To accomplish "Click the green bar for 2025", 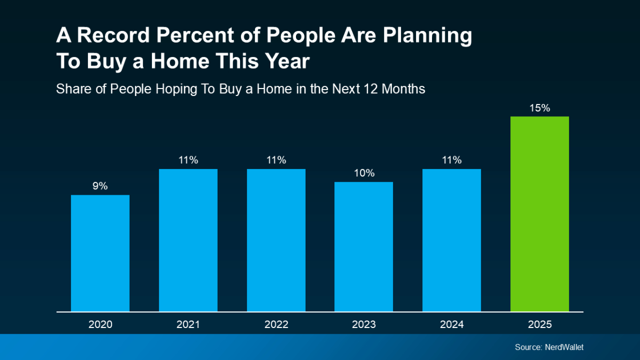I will (539, 214).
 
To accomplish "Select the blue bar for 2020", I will (100, 253).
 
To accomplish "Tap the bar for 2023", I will (364, 246).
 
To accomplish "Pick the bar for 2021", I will (188, 240).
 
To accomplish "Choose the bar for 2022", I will (276, 240).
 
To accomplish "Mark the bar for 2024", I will (452, 240).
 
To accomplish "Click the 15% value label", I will (540, 108).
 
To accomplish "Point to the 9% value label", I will (100, 186).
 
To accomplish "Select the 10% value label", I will (364, 173).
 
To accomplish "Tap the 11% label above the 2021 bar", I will (188, 160).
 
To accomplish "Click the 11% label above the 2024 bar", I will (452, 160).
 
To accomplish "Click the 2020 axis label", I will (100, 324).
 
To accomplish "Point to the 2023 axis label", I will (364, 324).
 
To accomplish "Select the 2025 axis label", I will (540, 324).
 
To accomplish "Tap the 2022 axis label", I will (276, 324).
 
